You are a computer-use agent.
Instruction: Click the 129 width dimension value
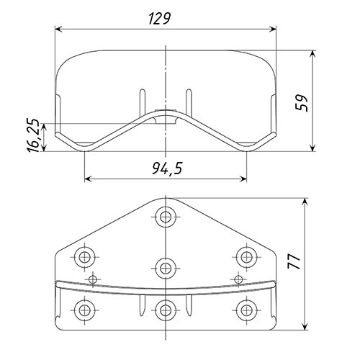tap(160, 19)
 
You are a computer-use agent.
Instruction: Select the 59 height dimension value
tap(302, 103)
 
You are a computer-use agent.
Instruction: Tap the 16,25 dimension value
tap(33, 135)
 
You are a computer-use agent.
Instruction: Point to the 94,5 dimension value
tap(167, 168)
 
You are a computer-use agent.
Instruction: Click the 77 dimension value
tap(294, 261)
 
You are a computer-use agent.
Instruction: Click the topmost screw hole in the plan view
tap(166, 217)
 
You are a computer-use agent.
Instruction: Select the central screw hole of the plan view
tap(166, 268)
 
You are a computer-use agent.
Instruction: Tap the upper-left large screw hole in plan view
tap(84, 257)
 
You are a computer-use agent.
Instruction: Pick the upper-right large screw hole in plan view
tap(246, 257)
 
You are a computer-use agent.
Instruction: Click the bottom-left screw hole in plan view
tap(84, 310)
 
